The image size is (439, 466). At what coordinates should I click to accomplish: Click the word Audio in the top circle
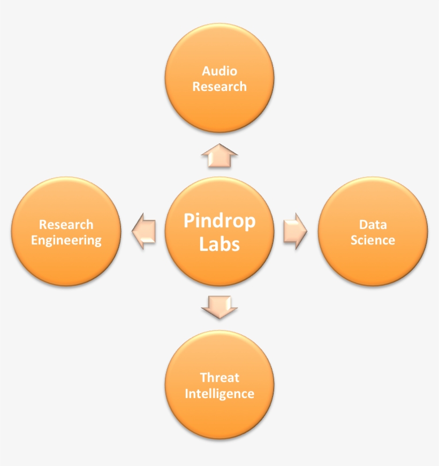point(219,71)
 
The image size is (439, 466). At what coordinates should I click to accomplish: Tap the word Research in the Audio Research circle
point(219,87)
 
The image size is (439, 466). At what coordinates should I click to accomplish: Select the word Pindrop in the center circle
point(219,221)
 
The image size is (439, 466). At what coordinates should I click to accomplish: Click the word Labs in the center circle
point(219,243)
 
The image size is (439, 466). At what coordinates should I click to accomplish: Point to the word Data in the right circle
point(373,224)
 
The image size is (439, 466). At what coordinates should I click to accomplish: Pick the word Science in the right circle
point(373,240)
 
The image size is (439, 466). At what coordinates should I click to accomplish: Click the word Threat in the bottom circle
point(219,378)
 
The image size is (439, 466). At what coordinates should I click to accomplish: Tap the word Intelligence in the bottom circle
point(219,394)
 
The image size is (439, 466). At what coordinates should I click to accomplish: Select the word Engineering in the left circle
point(66,240)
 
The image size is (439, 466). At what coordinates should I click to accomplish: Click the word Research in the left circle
point(66,225)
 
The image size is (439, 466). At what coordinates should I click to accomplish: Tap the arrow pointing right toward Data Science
point(294,232)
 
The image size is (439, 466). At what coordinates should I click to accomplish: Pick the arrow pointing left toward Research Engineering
point(143,232)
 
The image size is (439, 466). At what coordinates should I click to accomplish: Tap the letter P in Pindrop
point(189,221)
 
